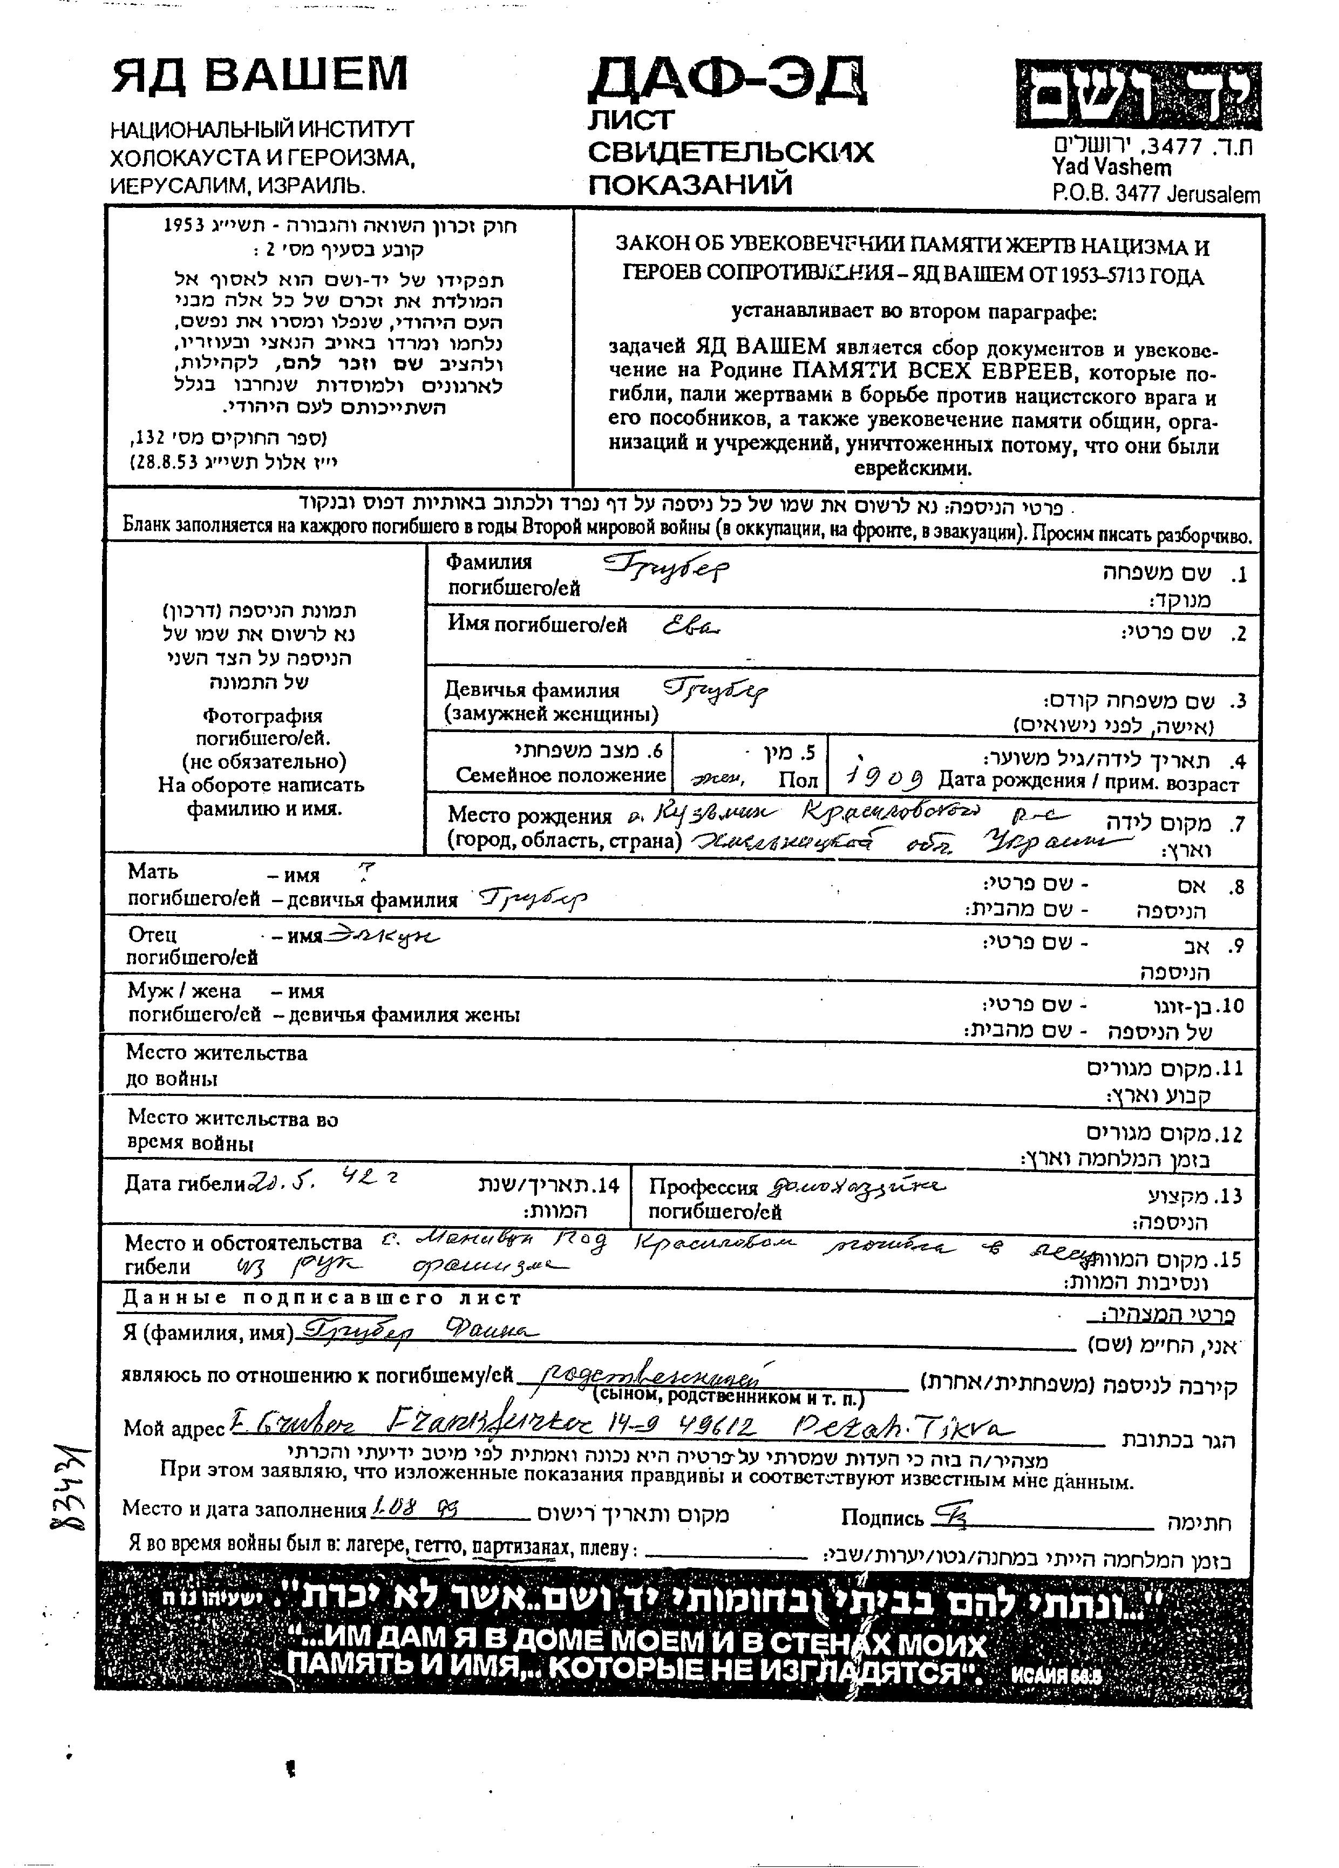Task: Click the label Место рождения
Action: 529,816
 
